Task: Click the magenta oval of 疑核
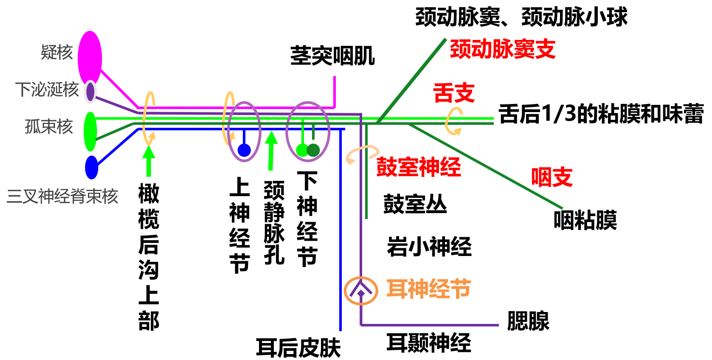pos(90,57)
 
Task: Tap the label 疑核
pos(57,53)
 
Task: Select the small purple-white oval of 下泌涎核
pos(90,92)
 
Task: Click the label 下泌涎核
pos(47,90)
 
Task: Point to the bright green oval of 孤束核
pos(90,131)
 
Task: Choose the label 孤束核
pos(49,127)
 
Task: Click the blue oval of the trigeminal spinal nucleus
pos(92,167)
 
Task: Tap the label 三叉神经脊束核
pos(62,196)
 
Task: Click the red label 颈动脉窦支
pos(503,49)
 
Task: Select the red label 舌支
pos(454,93)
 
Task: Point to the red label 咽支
pos(552,177)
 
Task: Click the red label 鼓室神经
pos(419,167)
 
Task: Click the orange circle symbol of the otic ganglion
pos(361,291)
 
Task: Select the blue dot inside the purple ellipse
pos(244,150)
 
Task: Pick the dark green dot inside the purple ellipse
pos(313,150)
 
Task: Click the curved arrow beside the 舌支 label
pos(453,121)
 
